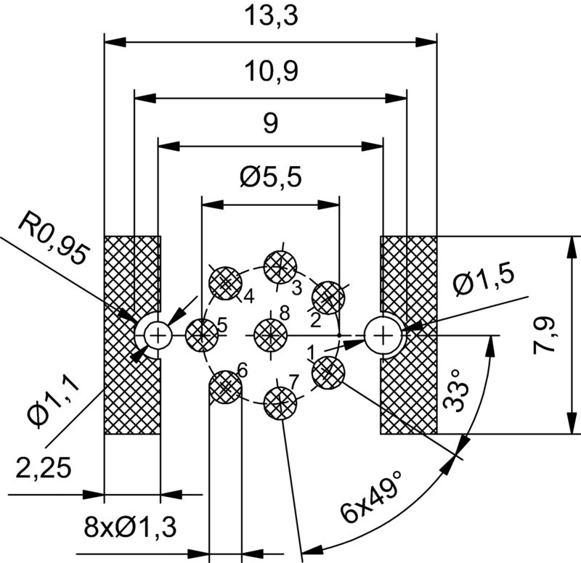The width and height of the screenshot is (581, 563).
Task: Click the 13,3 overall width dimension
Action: tap(269, 16)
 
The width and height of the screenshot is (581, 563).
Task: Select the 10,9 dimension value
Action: tap(269, 72)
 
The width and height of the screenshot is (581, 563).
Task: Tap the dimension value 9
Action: tap(269, 124)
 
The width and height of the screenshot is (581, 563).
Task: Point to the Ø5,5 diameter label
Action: tap(269, 177)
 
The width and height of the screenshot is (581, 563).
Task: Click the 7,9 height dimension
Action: tap(546, 334)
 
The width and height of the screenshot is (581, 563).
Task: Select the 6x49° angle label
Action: tap(373, 499)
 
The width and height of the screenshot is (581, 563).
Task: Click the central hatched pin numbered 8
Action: tap(270, 334)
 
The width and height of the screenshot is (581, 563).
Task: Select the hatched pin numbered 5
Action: tap(201, 334)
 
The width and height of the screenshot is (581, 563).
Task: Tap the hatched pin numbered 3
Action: tap(280, 266)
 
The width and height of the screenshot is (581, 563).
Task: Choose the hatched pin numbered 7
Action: tap(280, 400)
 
